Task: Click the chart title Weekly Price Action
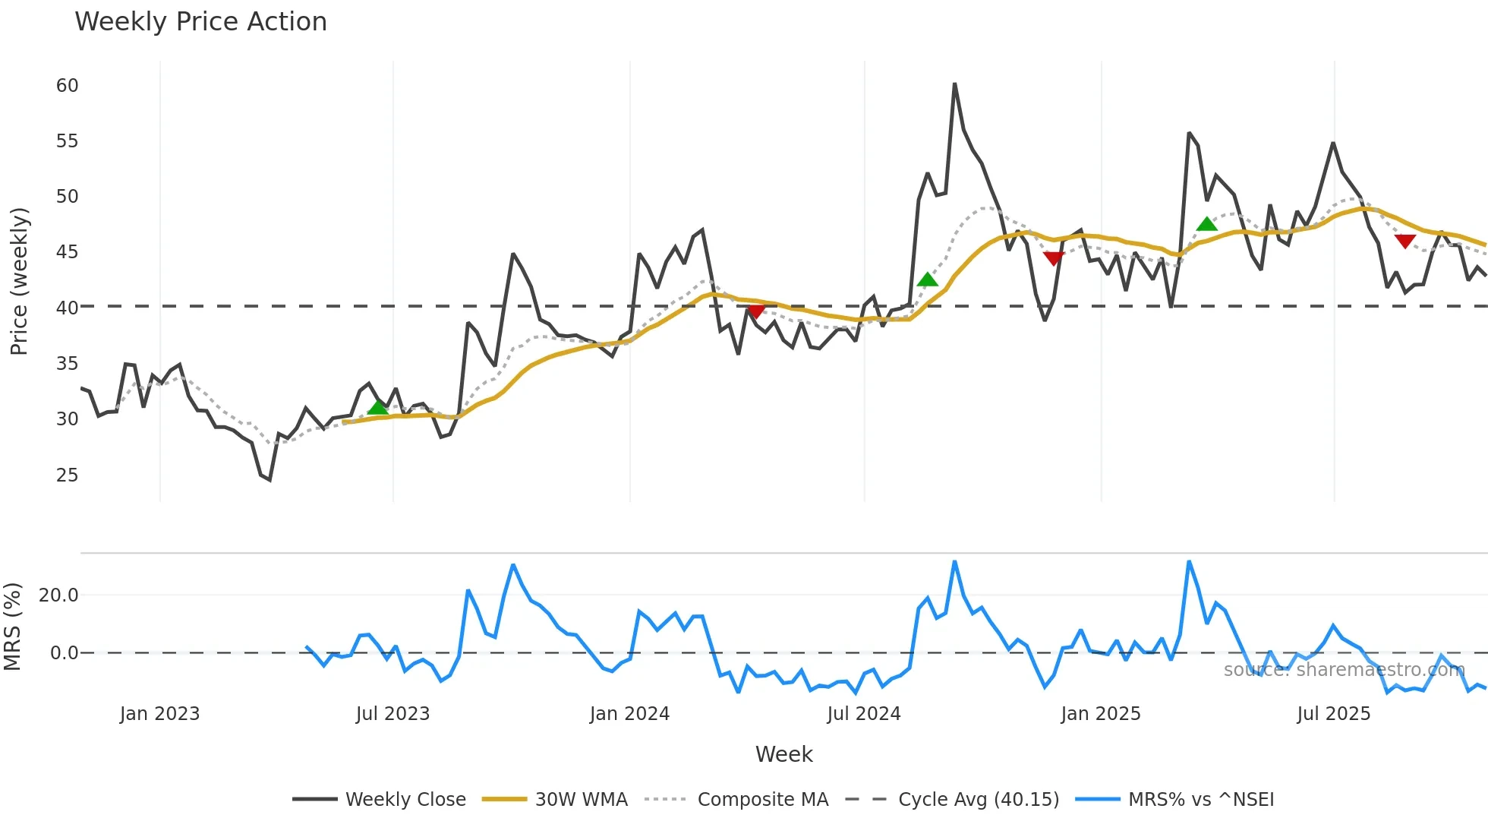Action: tap(200, 22)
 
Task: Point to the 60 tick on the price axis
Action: tap(67, 86)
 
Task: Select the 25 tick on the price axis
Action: tap(67, 475)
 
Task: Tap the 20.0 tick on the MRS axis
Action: tap(58, 595)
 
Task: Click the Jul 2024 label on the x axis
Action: tap(863, 714)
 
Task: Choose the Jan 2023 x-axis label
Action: tap(159, 714)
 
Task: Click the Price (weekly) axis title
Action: tap(19, 281)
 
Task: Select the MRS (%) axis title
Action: tap(12, 627)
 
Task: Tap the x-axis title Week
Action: tap(783, 754)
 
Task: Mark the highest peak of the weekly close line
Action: tap(954, 84)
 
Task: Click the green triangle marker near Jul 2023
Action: tap(377, 408)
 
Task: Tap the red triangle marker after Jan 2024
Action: tap(756, 311)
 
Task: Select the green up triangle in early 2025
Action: tap(1206, 224)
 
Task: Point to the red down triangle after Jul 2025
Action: tap(1405, 242)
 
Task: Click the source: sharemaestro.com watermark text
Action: tap(1344, 670)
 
